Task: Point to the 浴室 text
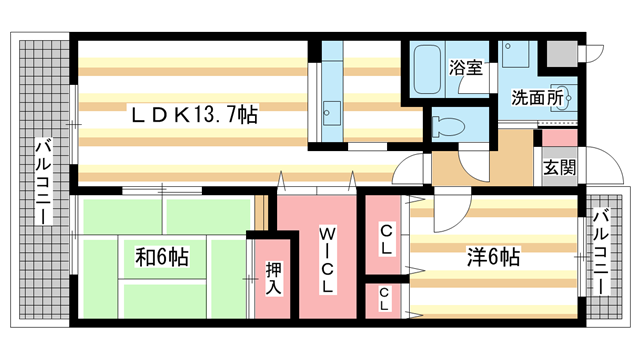pos(466,69)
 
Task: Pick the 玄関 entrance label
pos(559,168)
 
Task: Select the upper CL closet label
pos(385,238)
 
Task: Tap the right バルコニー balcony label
pos(602,251)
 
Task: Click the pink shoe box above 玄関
pos(559,138)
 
